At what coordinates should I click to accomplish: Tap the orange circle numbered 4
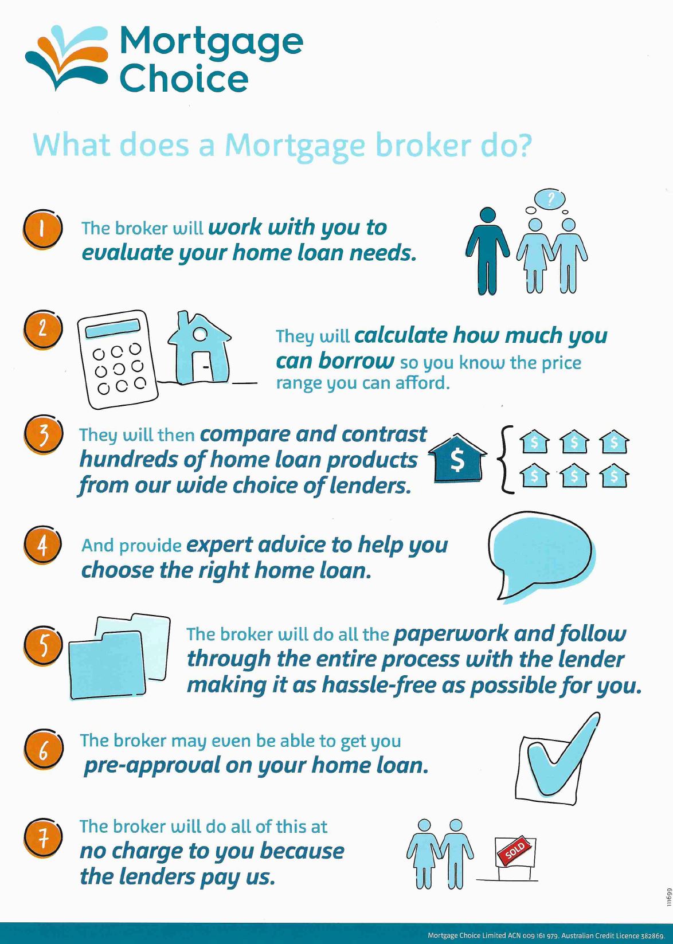(x=42, y=545)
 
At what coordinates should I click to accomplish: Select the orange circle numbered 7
(x=42, y=838)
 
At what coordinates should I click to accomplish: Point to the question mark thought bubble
(x=550, y=198)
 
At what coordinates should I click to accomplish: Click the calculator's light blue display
(x=112, y=328)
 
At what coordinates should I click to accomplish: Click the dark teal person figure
(x=488, y=251)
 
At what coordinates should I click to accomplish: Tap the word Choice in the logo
(x=184, y=79)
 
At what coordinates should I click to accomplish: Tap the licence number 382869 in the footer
(x=652, y=935)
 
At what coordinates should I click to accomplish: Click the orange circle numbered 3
(x=42, y=435)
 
